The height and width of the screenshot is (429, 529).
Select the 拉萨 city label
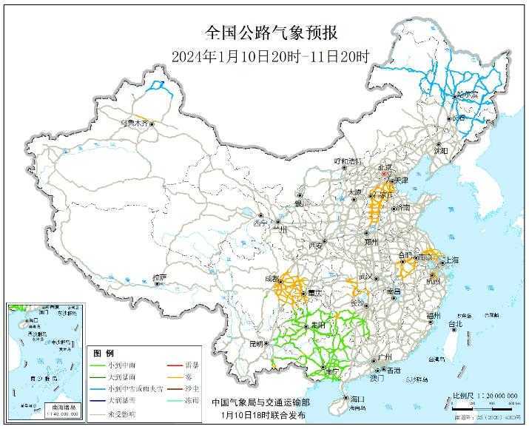click(160, 278)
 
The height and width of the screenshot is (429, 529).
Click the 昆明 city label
click(256, 343)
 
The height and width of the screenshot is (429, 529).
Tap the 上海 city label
click(450, 261)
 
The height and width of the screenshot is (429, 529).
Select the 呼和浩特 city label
click(347, 161)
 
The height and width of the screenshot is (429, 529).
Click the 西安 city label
click(317, 245)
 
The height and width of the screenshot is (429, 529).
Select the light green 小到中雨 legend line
click(100, 365)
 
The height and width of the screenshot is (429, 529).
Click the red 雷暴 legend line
click(175, 365)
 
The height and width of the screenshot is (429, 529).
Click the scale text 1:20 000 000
click(491, 396)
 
